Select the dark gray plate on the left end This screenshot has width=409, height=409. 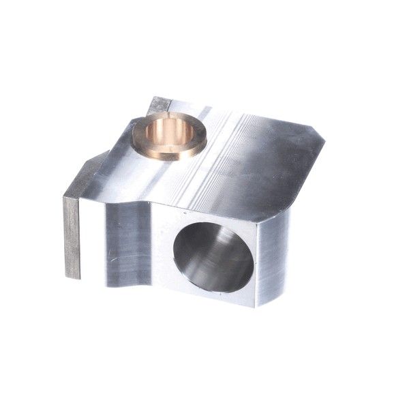tap(72, 235)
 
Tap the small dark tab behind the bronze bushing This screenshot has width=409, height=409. tap(158, 106)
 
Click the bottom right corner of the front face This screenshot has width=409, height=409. tap(254, 305)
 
